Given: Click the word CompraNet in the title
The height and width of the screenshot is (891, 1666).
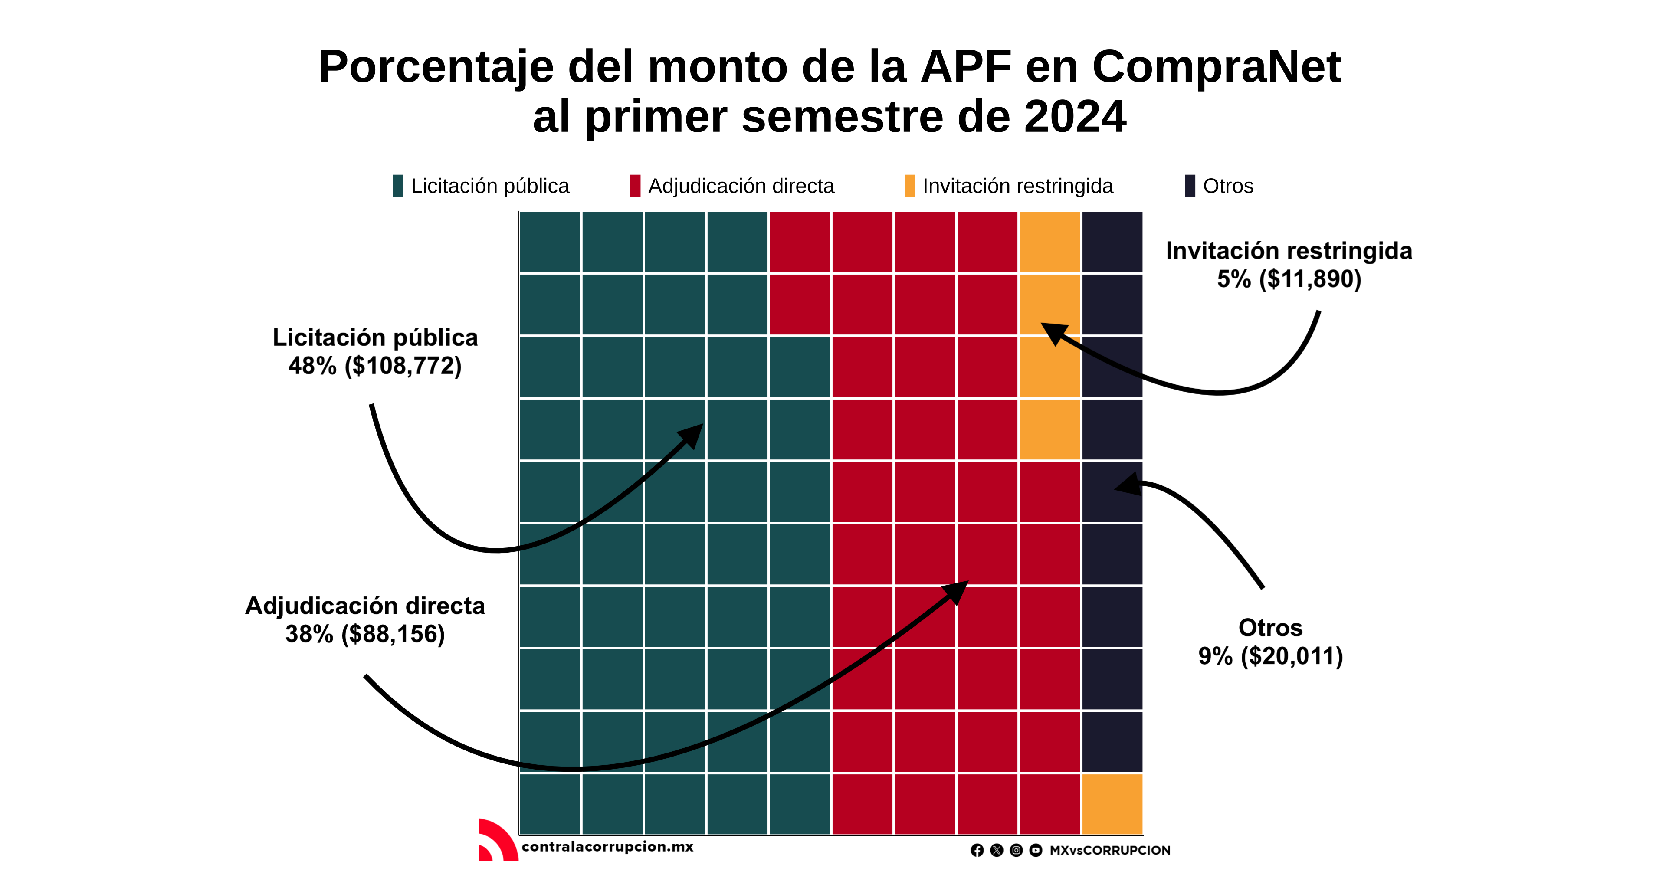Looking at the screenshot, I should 1216,67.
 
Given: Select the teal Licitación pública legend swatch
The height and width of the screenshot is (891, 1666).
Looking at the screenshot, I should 398,186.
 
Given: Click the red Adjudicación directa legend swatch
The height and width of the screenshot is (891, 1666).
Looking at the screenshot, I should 635,186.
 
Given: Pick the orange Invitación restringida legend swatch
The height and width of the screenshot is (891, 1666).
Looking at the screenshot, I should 909,186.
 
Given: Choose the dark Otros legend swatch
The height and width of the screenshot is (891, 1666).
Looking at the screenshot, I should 1189,186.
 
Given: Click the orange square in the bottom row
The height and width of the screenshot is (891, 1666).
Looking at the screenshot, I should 1112,804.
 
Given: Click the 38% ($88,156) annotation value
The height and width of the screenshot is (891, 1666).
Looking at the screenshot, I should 365,634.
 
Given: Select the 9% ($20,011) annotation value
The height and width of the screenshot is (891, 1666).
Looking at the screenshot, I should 1270,656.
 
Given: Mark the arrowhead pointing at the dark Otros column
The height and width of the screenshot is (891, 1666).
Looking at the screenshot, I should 1127,484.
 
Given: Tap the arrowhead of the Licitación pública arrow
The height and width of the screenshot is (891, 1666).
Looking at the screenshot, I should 693,435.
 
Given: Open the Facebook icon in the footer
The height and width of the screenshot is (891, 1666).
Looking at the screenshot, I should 977,850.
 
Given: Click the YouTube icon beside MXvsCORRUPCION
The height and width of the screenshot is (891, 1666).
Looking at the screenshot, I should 1036,850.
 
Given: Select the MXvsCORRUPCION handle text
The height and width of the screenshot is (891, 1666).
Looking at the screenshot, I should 1109,850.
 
